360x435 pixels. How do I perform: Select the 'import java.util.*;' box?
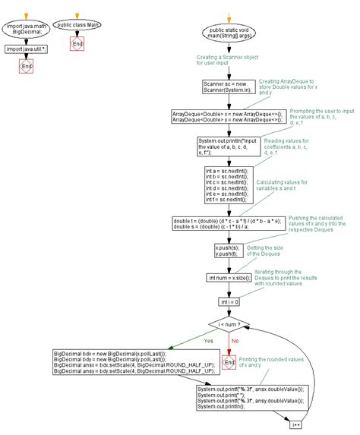click(x=25, y=49)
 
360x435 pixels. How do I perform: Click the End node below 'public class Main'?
click(x=77, y=46)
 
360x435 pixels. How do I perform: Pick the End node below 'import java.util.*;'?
click(x=25, y=68)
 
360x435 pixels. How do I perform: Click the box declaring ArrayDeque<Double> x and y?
click(x=226, y=116)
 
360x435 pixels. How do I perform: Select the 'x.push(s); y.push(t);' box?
click(x=226, y=251)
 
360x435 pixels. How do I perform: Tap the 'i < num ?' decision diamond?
click(x=226, y=326)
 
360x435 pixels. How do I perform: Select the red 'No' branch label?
click(x=235, y=342)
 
